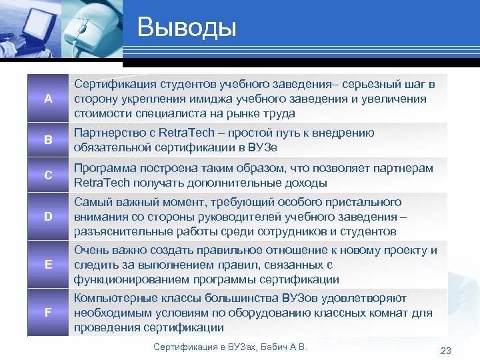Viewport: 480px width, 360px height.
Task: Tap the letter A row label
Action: pyautogui.click(x=48, y=99)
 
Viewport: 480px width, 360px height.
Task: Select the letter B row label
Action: pyautogui.click(x=48, y=140)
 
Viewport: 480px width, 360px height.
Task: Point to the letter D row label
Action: pyautogui.click(x=48, y=217)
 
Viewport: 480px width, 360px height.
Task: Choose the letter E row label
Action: pyautogui.click(x=48, y=265)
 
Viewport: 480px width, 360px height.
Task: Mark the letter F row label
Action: pyautogui.click(x=48, y=312)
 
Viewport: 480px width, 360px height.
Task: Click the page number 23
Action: pyautogui.click(x=446, y=351)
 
